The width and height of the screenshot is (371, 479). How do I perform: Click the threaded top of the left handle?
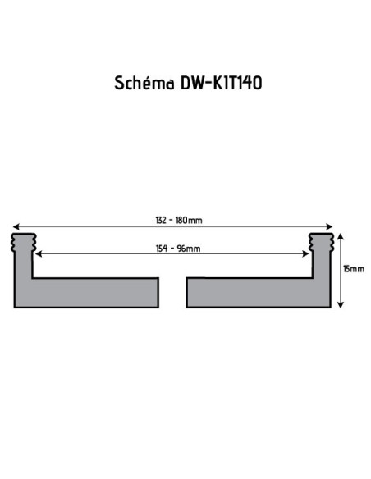[x=23, y=242]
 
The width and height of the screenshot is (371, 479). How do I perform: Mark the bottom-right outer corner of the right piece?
[x=330, y=308]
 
